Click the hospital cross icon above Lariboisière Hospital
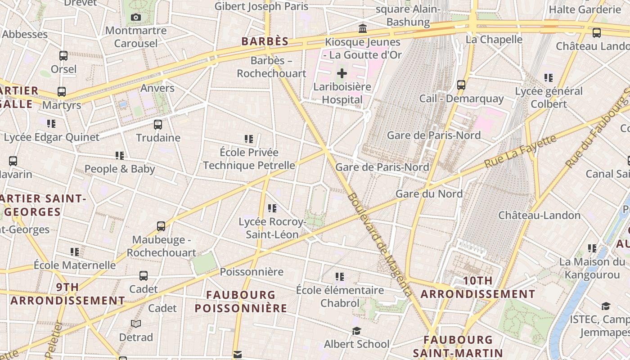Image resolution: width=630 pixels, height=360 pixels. click(342, 73)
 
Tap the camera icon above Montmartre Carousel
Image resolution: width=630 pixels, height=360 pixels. click(135, 18)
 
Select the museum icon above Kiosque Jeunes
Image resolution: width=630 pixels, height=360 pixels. click(362, 29)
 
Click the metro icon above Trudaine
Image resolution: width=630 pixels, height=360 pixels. click(158, 125)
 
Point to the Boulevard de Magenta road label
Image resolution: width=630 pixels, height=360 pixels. click(380, 245)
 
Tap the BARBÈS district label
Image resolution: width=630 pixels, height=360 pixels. click(265, 42)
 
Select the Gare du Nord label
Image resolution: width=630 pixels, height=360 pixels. click(429, 194)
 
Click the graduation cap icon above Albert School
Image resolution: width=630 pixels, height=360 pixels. click(356, 331)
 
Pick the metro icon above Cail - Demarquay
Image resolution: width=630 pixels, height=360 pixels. click(461, 85)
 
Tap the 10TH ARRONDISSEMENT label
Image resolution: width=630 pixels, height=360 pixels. click(478, 288)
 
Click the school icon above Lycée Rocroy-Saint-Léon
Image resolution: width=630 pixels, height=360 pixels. click(272, 208)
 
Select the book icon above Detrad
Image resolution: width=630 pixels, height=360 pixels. click(136, 324)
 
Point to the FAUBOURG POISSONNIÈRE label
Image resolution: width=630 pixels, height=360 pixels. click(241, 301)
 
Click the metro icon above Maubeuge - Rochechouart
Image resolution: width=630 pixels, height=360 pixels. click(161, 226)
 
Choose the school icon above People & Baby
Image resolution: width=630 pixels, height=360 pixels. click(120, 156)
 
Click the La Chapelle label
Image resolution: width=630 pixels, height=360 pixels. click(494, 40)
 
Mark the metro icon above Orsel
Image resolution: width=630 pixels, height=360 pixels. click(63, 56)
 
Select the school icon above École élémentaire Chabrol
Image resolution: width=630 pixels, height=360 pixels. click(340, 276)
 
